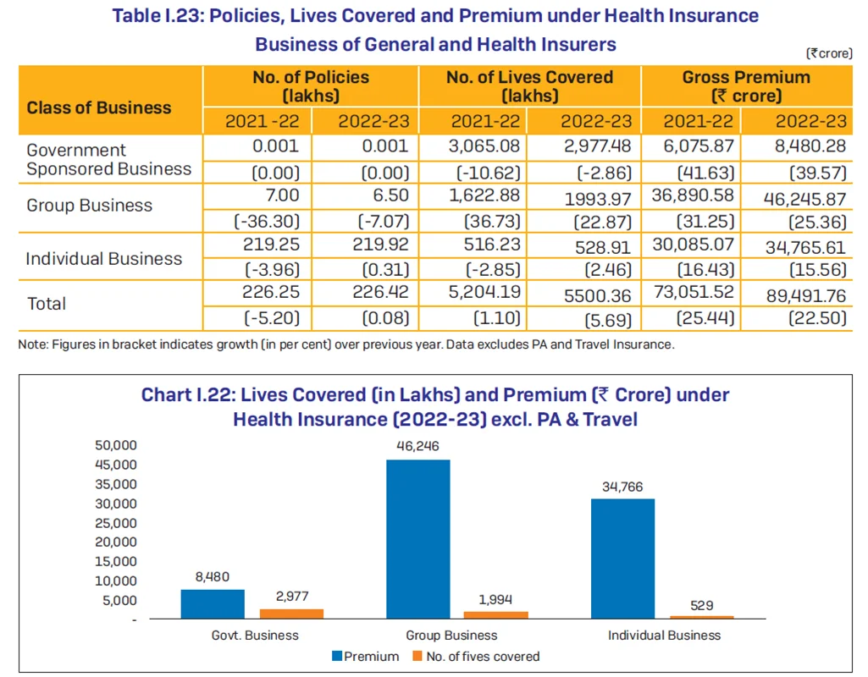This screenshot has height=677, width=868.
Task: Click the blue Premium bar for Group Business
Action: (418, 539)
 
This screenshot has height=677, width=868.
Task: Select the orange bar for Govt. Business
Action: (291, 614)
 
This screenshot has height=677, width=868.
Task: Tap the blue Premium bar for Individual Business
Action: (622, 559)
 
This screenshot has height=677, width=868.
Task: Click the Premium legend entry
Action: (365, 656)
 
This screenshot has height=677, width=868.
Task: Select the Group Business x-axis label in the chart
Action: (451, 635)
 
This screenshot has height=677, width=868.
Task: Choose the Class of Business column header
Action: (98, 107)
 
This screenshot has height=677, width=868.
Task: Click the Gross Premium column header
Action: (746, 86)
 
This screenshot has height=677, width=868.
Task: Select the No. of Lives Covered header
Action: (529, 86)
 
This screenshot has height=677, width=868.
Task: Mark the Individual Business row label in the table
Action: (103, 259)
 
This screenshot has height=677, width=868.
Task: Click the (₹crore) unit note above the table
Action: (829, 53)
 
